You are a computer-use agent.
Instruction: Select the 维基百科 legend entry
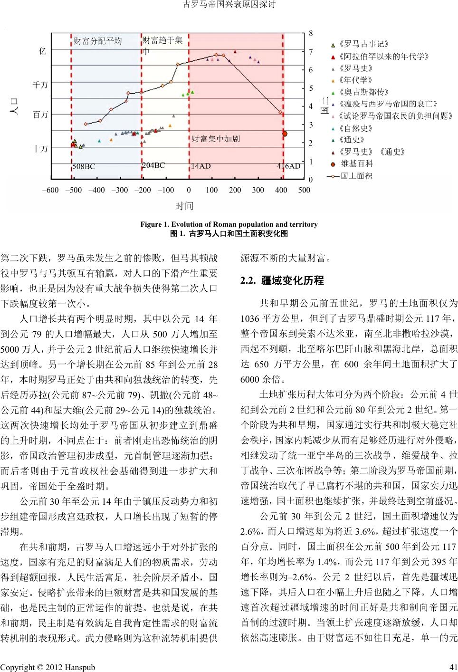(357, 164)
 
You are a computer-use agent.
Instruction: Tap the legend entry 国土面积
(357, 176)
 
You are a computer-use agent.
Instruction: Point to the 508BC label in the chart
(84, 167)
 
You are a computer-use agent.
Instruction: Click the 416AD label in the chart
(288, 166)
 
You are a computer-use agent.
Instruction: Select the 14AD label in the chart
(200, 166)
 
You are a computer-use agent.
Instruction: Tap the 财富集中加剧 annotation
(216, 139)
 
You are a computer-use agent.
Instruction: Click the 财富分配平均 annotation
(98, 41)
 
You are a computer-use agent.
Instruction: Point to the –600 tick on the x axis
(50, 190)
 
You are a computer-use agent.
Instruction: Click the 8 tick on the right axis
(311, 33)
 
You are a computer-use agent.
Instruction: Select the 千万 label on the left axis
(40, 85)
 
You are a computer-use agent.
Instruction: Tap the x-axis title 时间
(184, 206)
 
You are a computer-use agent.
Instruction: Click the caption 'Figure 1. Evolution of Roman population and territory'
(229, 224)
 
